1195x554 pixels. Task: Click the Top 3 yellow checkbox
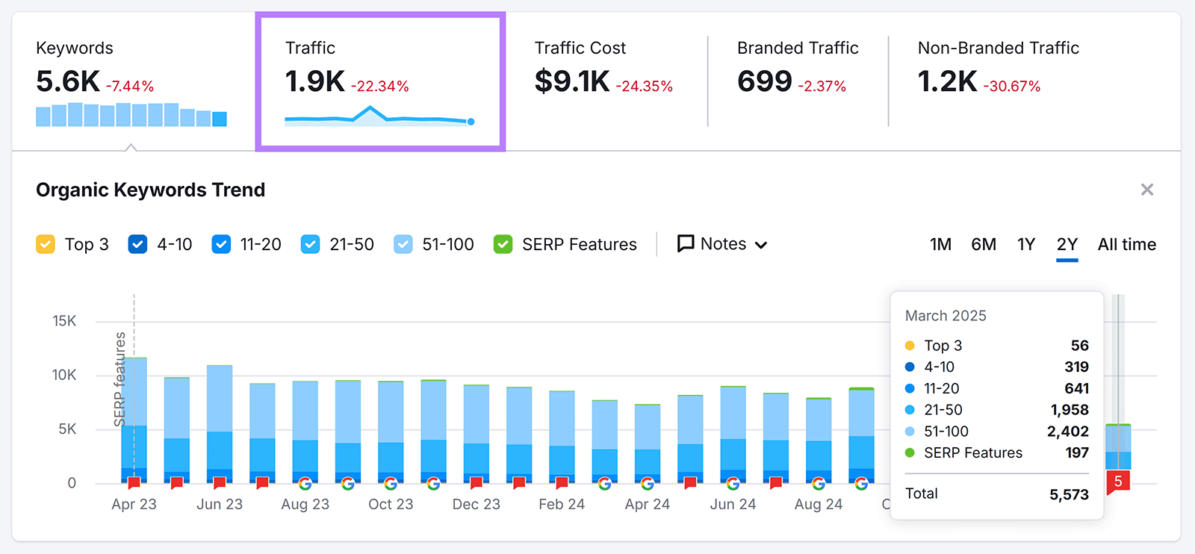pyautogui.click(x=46, y=244)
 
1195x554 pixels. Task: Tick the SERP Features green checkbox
pyautogui.click(x=503, y=244)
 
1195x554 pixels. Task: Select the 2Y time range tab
pyautogui.click(x=1067, y=244)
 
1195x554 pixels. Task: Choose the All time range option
pyautogui.click(x=1126, y=244)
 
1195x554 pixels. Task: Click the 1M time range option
pyautogui.click(x=940, y=244)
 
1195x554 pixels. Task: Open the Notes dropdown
pyautogui.click(x=721, y=244)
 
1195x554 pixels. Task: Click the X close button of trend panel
pyautogui.click(x=1146, y=190)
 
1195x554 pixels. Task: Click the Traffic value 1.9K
pyautogui.click(x=314, y=81)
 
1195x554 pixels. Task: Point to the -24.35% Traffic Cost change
pyautogui.click(x=644, y=87)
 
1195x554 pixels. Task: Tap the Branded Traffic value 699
pyautogui.click(x=764, y=81)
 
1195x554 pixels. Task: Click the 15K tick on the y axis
pyautogui.click(x=64, y=321)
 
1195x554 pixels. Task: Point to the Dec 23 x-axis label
pyautogui.click(x=476, y=504)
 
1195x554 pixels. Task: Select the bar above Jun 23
pyautogui.click(x=220, y=422)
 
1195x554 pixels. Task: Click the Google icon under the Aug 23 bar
pyautogui.click(x=305, y=483)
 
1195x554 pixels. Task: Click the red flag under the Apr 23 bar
pyautogui.click(x=134, y=483)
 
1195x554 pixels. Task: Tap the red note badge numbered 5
pyautogui.click(x=1118, y=482)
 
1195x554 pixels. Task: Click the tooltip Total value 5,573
pyautogui.click(x=1068, y=494)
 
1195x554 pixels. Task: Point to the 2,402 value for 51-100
pyautogui.click(x=1067, y=432)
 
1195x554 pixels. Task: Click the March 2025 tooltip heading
pyautogui.click(x=946, y=316)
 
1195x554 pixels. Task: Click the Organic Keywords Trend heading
pyautogui.click(x=150, y=190)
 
